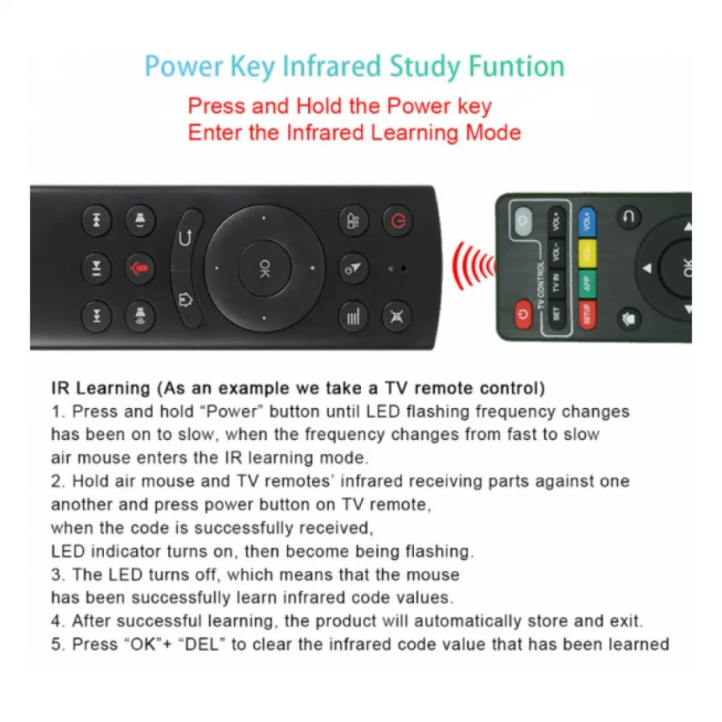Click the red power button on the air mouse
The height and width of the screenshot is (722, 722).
(397, 222)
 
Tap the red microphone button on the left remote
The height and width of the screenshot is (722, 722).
(139, 268)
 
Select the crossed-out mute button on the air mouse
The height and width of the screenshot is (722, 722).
(396, 317)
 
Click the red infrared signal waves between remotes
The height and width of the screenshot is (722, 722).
(473, 267)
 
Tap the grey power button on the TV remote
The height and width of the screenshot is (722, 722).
(523, 221)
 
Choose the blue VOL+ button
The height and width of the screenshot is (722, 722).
(587, 222)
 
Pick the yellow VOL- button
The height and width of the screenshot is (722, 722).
(587, 253)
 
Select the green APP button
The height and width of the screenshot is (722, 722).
(587, 284)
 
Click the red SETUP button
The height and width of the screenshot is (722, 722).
(587, 315)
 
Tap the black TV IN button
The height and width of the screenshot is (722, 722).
(556, 283)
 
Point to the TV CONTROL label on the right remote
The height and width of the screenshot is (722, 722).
(541, 285)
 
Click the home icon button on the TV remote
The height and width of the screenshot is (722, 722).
(629, 319)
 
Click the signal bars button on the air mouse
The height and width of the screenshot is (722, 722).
(353, 317)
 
